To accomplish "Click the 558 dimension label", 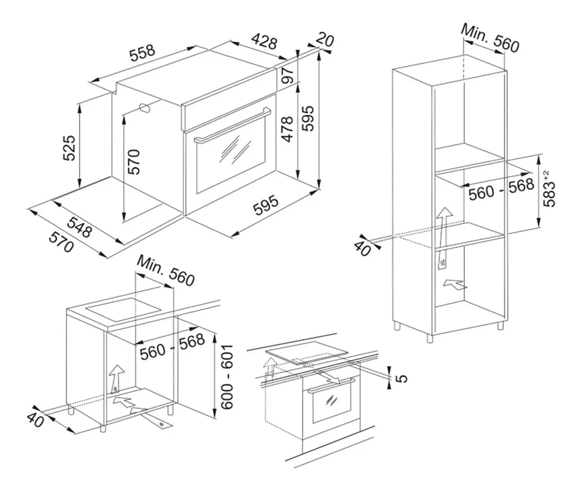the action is (x=143, y=53).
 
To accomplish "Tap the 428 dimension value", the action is (x=264, y=41).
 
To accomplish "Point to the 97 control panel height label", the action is (x=288, y=76).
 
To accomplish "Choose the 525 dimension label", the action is (x=69, y=148).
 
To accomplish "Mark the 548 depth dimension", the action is (x=80, y=228).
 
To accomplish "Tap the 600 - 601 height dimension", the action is (x=226, y=377).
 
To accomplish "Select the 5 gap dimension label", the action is (x=402, y=378).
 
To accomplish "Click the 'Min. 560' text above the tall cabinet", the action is (x=490, y=38).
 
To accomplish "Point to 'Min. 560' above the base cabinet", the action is (x=165, y=271).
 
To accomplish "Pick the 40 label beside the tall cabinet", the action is (x=363, y=249).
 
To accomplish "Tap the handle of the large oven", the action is (x=232, y=126).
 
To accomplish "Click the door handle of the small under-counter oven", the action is (x=331, y=386).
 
